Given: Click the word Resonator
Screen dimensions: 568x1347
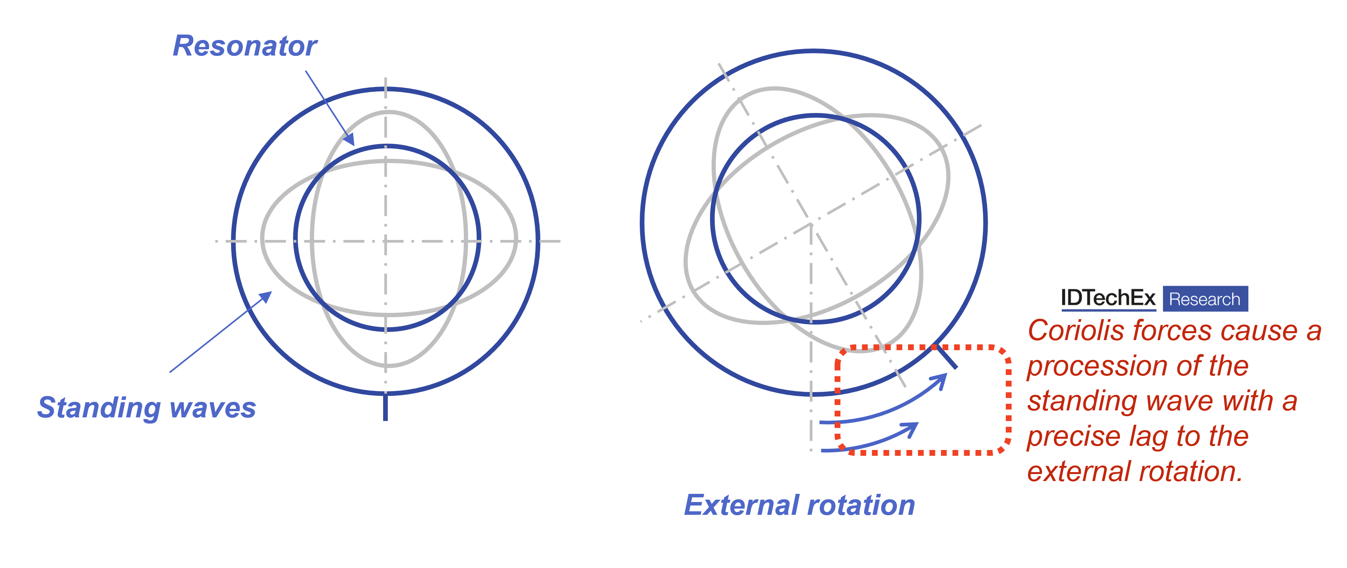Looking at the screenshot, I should (245, 46).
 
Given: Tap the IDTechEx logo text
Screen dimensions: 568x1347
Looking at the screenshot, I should (1107, 298).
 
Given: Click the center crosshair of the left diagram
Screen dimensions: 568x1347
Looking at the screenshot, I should (386, 241).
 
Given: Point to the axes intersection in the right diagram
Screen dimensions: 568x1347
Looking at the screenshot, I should (811, 224).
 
